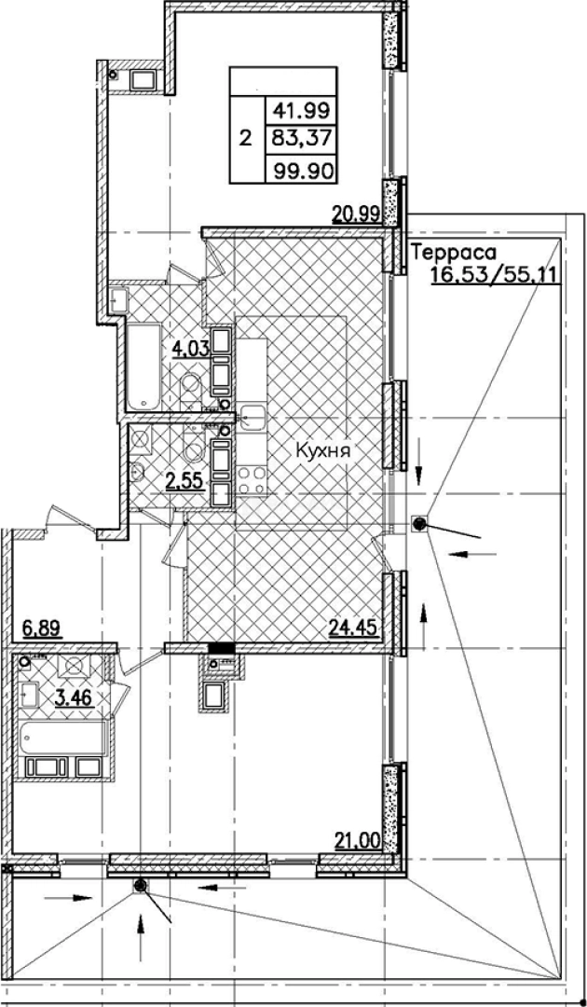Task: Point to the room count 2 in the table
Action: [x=246, y=140]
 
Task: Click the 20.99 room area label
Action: [x=355, y=214]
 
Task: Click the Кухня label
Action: [x=322, y=450]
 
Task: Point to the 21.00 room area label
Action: [x=358, y=840]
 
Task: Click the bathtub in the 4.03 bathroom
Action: [x=144, y=366]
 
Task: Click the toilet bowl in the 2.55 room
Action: [x=195, y=450]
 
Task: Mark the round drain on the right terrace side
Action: [x=420, y=524]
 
